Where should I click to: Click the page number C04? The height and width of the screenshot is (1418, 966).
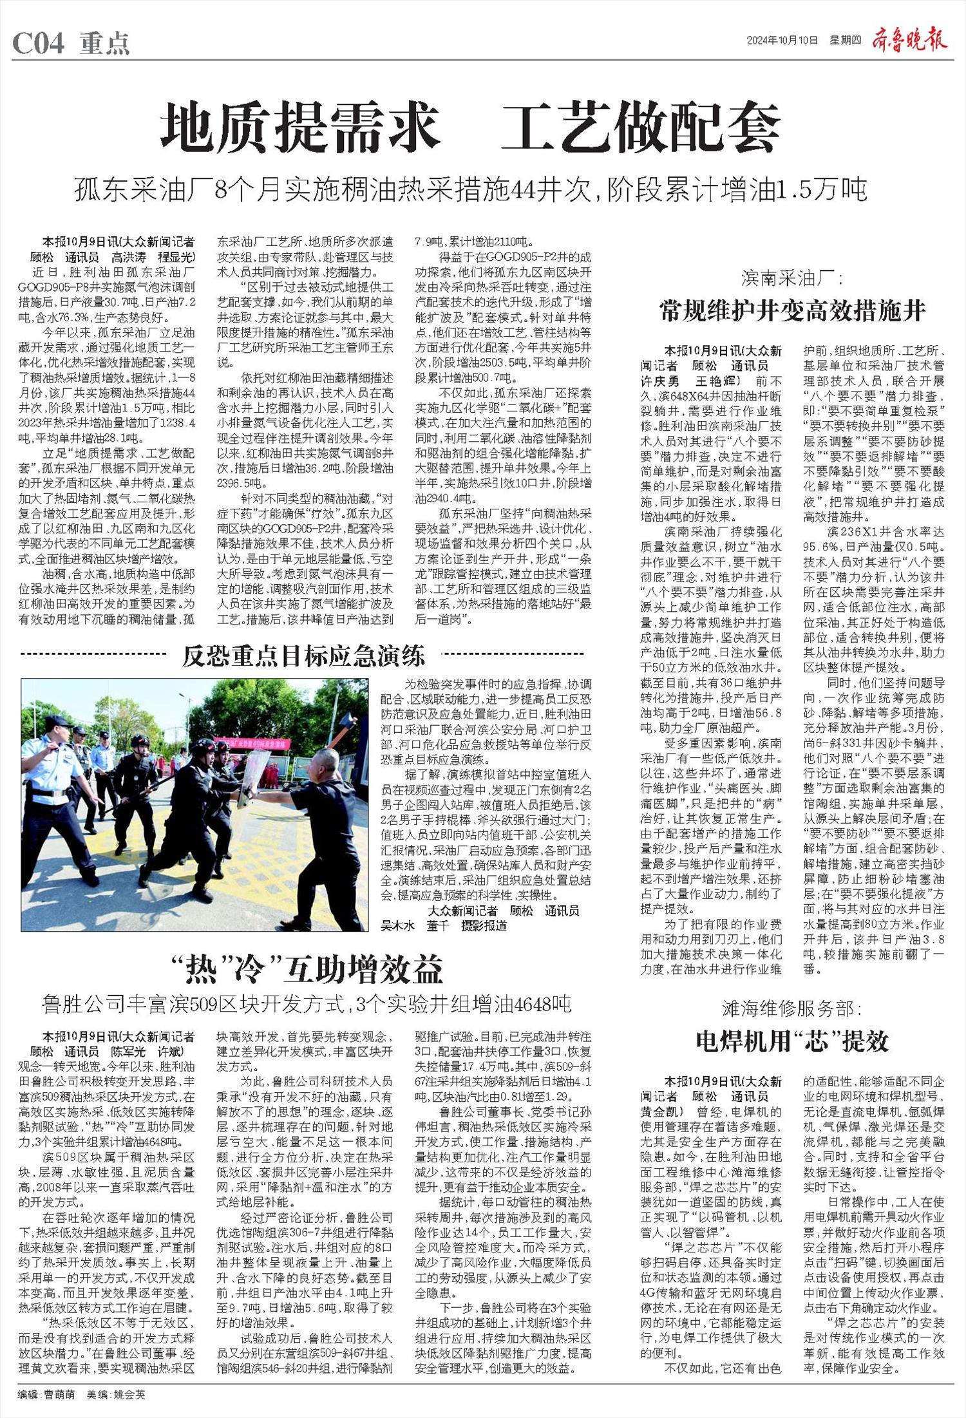[39, 44]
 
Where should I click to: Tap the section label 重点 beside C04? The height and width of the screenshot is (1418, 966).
[105, 44]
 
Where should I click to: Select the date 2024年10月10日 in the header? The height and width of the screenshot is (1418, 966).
[782, 40]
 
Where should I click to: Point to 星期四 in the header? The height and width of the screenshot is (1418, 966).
[845, 40]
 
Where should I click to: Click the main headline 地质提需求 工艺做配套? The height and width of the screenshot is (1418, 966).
[471, 129]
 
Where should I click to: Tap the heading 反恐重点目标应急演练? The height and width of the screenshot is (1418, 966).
[303, 656]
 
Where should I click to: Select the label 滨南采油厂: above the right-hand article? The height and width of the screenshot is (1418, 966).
[791, 279]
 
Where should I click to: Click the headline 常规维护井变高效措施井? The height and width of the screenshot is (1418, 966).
[792, 312]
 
